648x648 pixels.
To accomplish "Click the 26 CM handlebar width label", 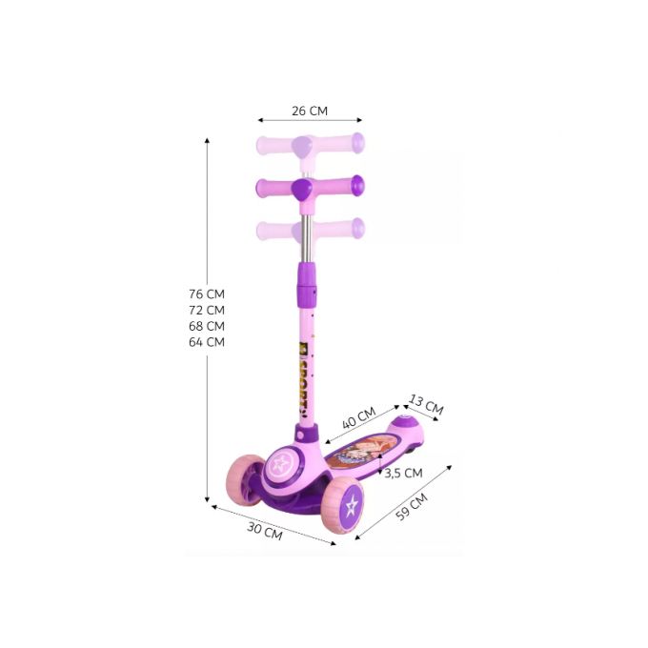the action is tap(310, 111).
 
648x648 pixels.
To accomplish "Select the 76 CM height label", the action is tap(207, 294).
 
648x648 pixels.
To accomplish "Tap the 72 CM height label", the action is tap(207, 311).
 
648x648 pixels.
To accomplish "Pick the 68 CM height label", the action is tap(207, 327).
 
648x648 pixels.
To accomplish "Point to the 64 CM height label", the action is tap(207, 342).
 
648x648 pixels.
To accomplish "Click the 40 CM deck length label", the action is tap(359, 417).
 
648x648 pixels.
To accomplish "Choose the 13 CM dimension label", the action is tap(426, 405).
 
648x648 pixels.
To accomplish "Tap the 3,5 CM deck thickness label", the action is tap(403, 474).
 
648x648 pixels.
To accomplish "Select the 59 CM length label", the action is tap(412, 507).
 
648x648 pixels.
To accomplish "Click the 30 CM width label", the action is tap(265, 531).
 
